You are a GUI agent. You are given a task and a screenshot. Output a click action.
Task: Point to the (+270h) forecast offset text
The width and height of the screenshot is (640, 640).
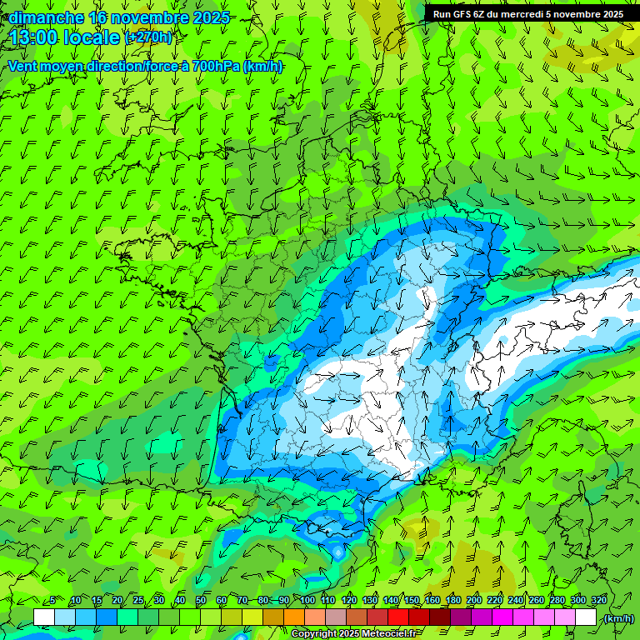(x=148, y=37)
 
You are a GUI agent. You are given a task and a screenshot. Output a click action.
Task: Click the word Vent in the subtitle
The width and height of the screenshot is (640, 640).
(x=23, y=67)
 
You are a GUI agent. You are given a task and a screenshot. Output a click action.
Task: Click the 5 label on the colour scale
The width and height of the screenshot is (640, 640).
(x=52, y=601)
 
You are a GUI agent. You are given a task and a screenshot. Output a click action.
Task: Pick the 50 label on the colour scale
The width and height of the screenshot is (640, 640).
(x=200, y=601)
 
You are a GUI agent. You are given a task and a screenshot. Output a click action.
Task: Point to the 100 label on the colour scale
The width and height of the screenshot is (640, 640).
(x=307, y=601)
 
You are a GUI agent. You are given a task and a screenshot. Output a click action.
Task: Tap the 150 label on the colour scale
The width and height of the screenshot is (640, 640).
(x=412, y=601)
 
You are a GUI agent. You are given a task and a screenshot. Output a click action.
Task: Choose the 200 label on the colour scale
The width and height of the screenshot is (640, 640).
(x=474, y=601)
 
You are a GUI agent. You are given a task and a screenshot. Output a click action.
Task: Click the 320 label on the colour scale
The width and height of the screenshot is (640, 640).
(x=599, y=601)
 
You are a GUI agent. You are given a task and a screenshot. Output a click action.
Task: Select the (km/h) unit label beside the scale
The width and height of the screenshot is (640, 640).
(x=619, y=618)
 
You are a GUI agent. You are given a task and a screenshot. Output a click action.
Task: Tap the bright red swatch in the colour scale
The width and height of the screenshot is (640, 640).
(x=398, y=617)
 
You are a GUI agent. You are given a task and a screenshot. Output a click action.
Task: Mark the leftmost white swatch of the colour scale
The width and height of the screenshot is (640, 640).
(x=44, y=617)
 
